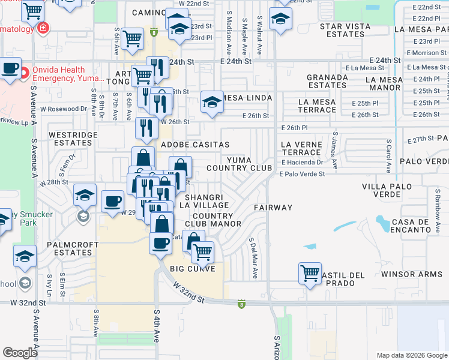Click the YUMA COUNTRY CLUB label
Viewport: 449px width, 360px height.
(250, 164)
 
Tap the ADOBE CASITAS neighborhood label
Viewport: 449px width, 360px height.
(195, 145)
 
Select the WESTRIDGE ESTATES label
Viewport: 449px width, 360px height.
(72, 139)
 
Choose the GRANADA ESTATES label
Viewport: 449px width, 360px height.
(327, 82)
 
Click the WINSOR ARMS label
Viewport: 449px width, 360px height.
(414, 274)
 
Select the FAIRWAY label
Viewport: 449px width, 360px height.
(273, 208)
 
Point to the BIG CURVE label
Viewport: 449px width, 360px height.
(188, 268)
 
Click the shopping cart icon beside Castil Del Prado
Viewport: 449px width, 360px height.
(310, 273)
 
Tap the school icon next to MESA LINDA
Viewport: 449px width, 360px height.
(212, 103)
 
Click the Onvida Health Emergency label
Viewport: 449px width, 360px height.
(67, 73)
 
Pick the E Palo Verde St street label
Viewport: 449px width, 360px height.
(302, 174)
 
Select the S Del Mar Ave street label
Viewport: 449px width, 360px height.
(254, 258)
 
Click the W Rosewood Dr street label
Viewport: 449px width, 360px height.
(64, 109)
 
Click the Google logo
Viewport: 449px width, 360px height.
(20, 352)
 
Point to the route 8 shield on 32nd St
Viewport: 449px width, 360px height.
(241, 304)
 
